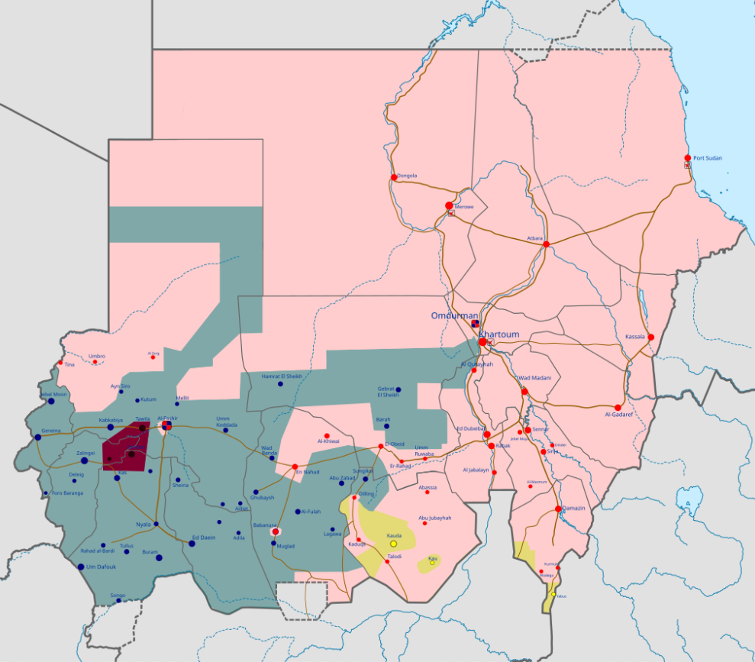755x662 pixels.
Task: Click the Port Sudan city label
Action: (708, 158)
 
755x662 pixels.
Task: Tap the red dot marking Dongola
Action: (394, 177)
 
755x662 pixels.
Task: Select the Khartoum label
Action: (498, 334)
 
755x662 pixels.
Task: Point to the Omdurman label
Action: (454, 315)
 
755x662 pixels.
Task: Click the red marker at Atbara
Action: (547, 244)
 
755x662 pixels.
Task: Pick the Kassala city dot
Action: (651, 337)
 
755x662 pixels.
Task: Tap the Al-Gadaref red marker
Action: (618, 407)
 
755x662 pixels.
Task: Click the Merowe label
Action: (464, 207)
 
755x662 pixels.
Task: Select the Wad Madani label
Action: (535, 379)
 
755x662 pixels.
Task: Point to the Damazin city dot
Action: (559, 509)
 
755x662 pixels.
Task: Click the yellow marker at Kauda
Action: (393, 544)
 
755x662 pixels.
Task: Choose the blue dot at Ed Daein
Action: (192, 544)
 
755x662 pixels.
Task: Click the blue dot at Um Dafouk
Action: (81, 567)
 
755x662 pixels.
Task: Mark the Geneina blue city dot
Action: (37, 438)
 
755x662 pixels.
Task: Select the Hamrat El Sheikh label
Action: (282, 376)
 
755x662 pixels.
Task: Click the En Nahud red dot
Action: (295, 466)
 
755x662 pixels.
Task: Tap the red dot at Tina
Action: (60, 363)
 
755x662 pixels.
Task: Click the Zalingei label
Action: (86, 453)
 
